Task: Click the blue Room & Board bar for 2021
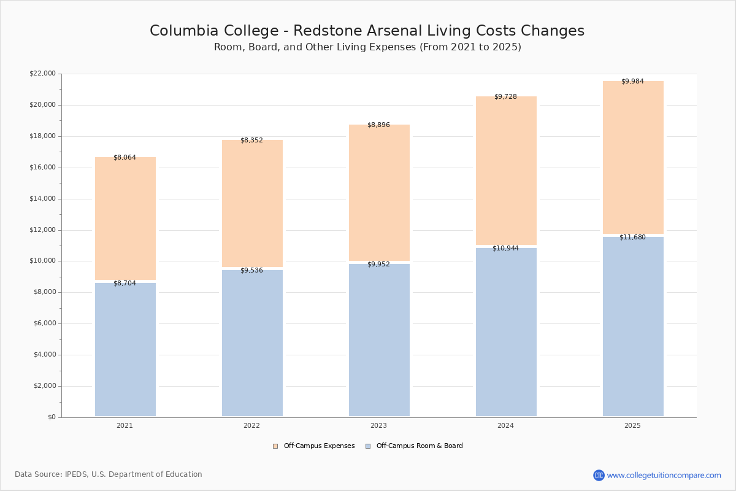(125, 349)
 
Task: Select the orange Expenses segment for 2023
(379, 192)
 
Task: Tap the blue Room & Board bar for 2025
(633, 327)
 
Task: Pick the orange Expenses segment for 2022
(252, 203)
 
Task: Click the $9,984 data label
(632, 81)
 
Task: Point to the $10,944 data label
(505, 248)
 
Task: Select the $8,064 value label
(125, 157)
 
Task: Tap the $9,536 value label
(251, 270)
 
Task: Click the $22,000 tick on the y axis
(43, 73)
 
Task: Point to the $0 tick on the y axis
(52, 417)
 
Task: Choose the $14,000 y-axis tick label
(43, 198)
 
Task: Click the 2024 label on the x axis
(505, 425)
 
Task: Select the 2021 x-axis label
(125, 425)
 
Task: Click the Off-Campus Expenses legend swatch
(275, 446)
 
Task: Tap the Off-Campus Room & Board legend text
(420, 446)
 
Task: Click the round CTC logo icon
(599, 475)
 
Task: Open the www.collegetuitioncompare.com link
(664, 475)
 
